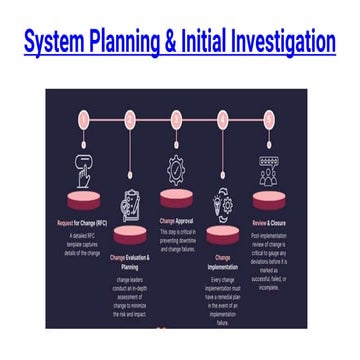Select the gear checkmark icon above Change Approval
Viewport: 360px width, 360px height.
pos(178,166)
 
